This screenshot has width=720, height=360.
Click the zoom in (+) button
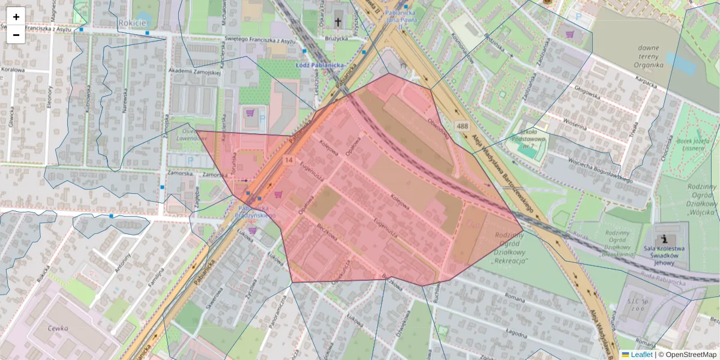pos(16,17)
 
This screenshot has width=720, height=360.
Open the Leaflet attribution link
pos(641,355)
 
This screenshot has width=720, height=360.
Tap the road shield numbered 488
pos(461,126)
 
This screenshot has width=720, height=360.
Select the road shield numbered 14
pos(289,160)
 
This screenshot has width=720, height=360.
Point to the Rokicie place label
pos(133,23)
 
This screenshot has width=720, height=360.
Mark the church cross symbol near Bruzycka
pos(338,22)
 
